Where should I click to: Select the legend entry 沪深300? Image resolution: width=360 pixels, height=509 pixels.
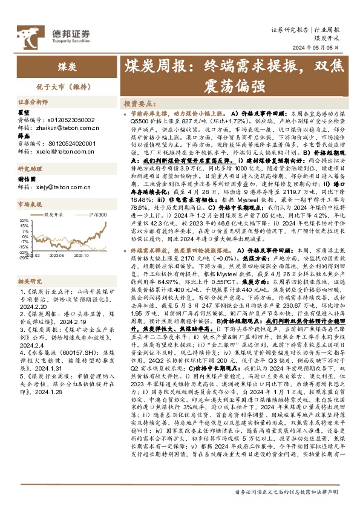(97, 214)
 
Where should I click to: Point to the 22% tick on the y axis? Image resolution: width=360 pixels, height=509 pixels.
(24, 221)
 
